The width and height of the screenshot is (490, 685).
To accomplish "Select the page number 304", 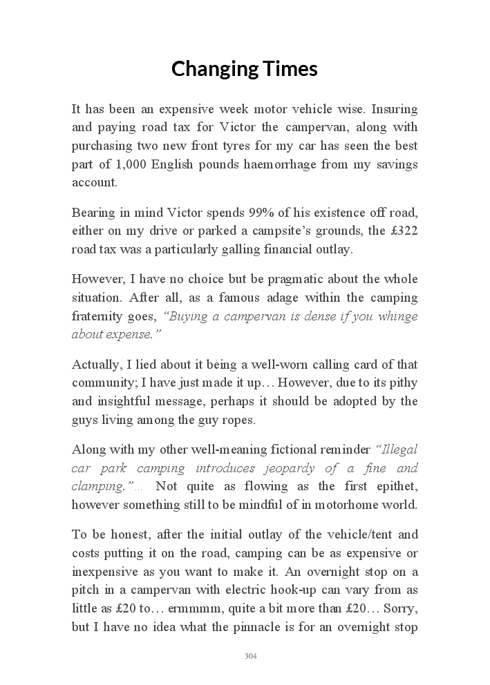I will click(251, 656).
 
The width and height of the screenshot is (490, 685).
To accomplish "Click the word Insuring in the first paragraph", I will click(395, 109).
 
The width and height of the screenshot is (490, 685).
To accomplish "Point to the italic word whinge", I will click(393, 316).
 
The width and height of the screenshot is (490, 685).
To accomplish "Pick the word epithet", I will click(393, 486).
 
